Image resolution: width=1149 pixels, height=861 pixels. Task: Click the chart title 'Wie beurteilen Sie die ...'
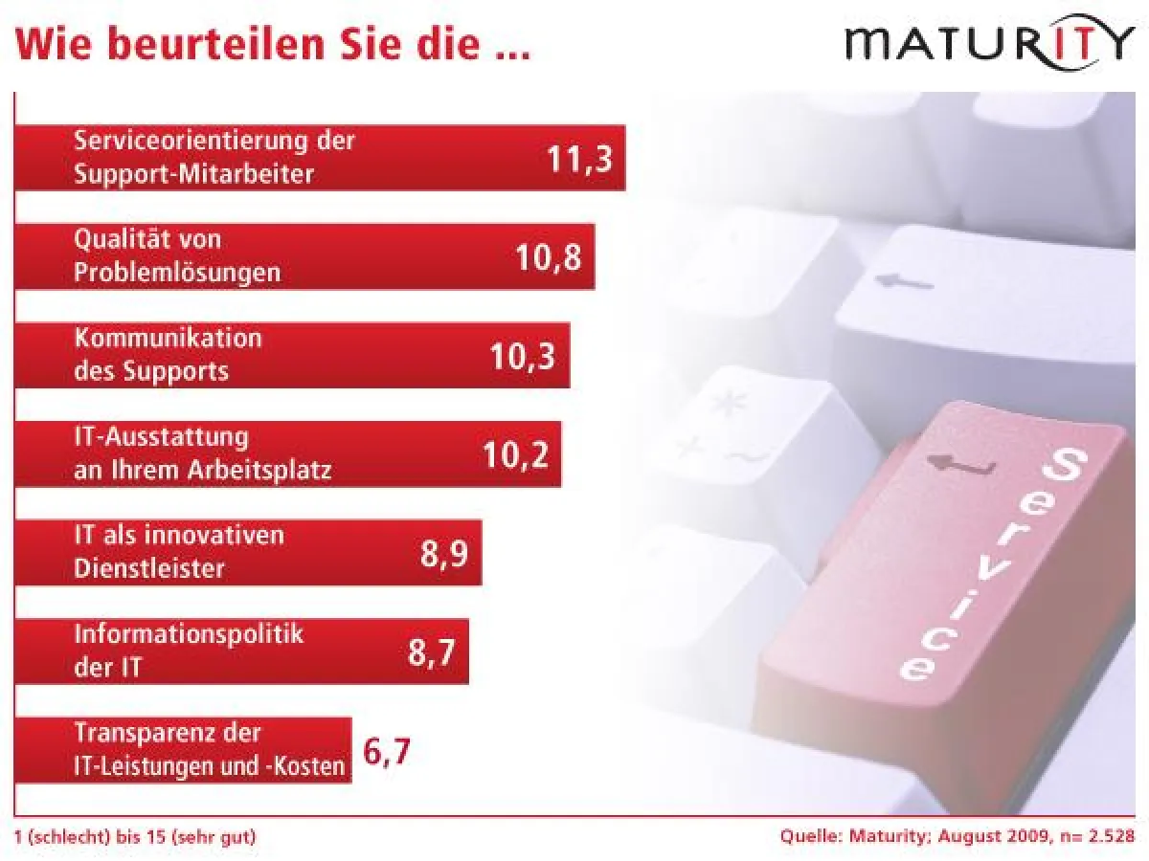pyautogui.click(x=272, y=45)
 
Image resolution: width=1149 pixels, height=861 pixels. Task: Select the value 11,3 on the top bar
pyautogui.click(x=579, y=159)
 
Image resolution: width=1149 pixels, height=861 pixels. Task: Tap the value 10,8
pyautogui.click(x=549, y=257)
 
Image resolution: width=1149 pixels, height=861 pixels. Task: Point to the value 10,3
pyautogui.click(x=523, y=356)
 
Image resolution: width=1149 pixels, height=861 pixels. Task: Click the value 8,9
pyautogui.click(x=444, y=554)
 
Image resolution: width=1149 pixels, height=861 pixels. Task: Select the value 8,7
pyautogui.click(x=431, y=653)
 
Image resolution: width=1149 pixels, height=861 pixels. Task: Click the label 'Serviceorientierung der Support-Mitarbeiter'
pyautogui.click(x=214, y=158)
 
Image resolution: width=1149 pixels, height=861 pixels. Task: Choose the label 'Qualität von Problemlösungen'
pyautogui.click(x=177, y=256)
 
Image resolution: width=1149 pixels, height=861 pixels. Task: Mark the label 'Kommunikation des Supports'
pyautogui.click(x=168, y=355)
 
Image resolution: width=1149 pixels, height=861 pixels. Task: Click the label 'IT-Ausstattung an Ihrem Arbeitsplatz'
pyautogui.click(x=202, y=454)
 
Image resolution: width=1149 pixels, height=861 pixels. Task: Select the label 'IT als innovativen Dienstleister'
pyautogui.click(x=179, y=552)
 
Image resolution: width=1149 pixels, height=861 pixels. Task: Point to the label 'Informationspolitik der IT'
pyautogui.click(x=189, y=651)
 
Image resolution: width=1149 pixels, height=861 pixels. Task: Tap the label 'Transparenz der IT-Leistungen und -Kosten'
pyautogui.click(x=209, y=750)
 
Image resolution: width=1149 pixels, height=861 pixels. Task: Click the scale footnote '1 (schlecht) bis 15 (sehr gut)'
pyautogui.click(x=136, y=837)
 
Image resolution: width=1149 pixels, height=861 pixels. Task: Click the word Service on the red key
pyautogui.click(x=990, y=564)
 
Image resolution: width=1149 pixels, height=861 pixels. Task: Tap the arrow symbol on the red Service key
pyautogui.click(x=960, y=465)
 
